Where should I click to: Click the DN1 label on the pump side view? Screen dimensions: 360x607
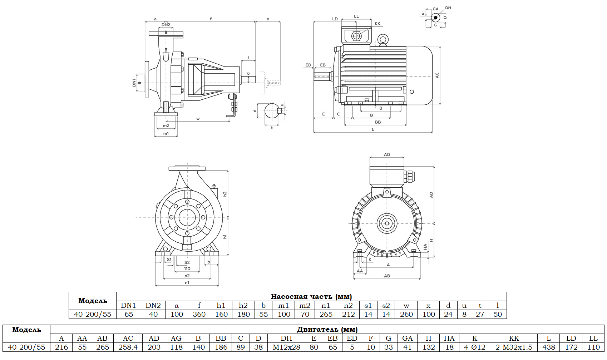point(134,83)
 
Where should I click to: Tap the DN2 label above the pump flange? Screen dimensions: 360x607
point(166,25)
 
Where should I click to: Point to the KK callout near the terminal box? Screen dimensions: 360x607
point(377,24)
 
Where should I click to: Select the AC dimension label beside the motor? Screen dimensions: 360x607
point(437,75)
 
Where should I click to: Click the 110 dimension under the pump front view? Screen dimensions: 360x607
point(187,268)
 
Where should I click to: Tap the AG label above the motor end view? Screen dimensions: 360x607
point(387,154)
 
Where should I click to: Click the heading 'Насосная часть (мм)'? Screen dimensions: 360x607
point(311,296)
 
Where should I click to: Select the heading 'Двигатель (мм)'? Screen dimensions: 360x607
point(327,329)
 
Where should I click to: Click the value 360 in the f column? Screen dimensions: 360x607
point(199,314)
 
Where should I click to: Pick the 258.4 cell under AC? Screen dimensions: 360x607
point(128,347)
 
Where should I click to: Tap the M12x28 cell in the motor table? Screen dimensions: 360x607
point(286,347)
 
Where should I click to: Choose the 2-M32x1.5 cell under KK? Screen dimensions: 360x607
point(514,347)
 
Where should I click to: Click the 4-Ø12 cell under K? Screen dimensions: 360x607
point(475,347)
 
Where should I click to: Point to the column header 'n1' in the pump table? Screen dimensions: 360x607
point(326,306)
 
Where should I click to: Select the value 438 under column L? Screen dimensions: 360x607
point(549,347)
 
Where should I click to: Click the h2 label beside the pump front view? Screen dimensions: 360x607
point(225,194)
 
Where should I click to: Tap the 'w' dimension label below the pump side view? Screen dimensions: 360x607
point(198,119)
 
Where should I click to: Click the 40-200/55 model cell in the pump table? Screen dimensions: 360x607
point(93,314)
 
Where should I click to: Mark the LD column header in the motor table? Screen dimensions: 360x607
point(571,338)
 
